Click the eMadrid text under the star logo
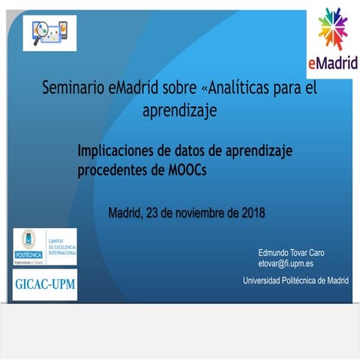pos(332,61)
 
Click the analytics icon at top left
pos(49,32)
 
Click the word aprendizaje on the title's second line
pos(179,112)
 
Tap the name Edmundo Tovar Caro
pos(291,253)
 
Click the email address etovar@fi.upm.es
pos(286,264)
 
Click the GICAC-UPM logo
pos(44,284)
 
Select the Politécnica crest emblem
pos(28,241)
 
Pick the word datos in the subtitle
pos(195,151)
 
